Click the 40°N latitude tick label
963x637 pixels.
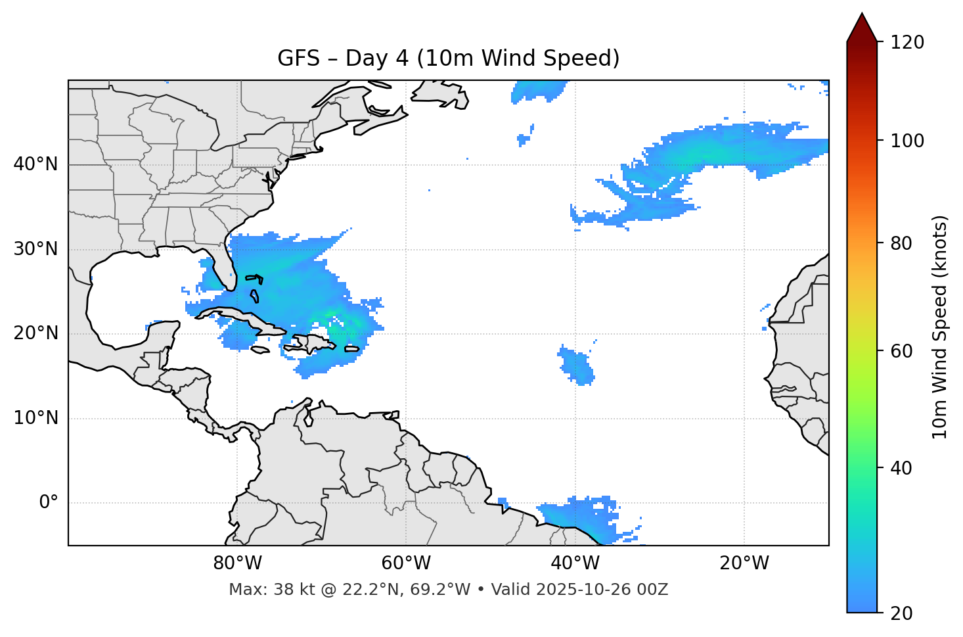(35, 164)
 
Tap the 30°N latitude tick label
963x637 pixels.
(35, 249)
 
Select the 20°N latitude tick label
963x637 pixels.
(35, 333)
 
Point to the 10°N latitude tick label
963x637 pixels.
(35, 418)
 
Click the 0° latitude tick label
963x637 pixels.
(49, 503)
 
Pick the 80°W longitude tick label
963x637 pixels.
(237, 563)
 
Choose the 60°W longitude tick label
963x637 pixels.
(406, 563)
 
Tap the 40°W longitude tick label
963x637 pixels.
(575, 563)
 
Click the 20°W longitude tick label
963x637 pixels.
(744, 563)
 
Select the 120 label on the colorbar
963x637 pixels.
(907, 43)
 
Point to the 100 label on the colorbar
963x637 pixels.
(907, 141)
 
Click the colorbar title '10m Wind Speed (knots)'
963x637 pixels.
(940, 327)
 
